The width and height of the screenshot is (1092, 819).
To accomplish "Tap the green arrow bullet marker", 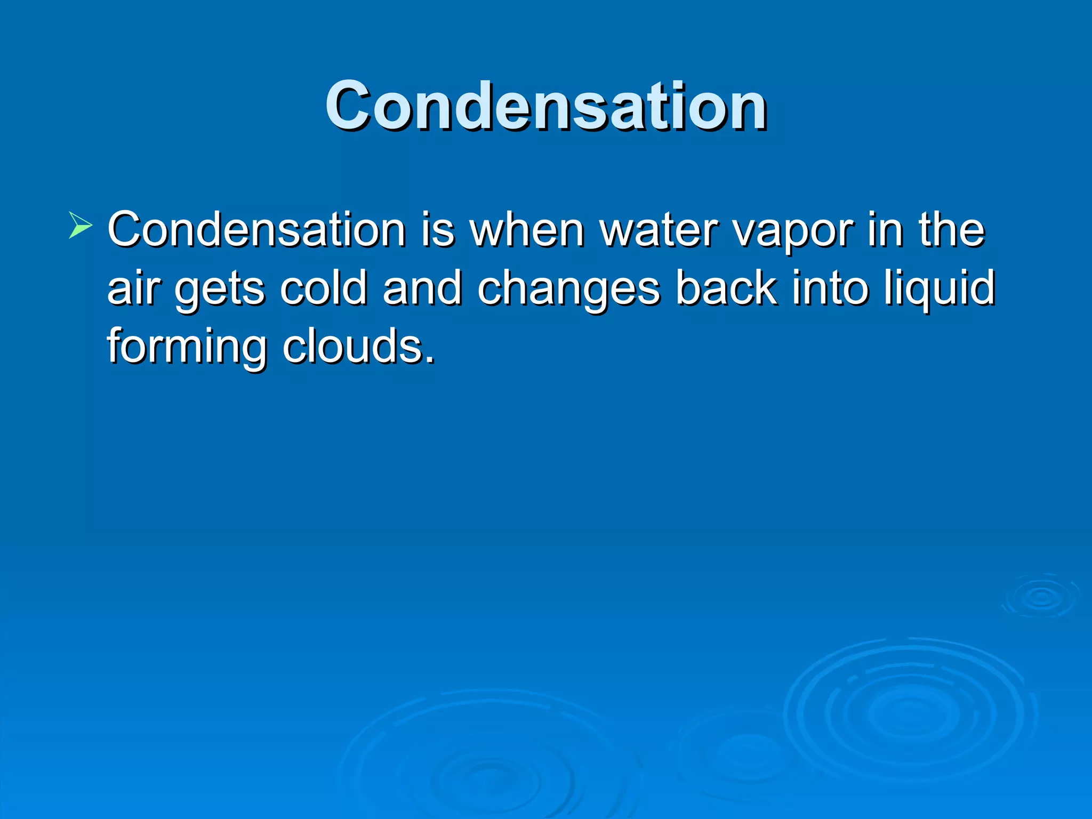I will (x=81, y=224).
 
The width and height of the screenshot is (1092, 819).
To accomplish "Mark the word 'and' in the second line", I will (x=422, y=288).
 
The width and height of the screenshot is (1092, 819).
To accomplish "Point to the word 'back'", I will (x=726, y=288).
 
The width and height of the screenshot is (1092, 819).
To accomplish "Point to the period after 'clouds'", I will (x=430, y=361).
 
